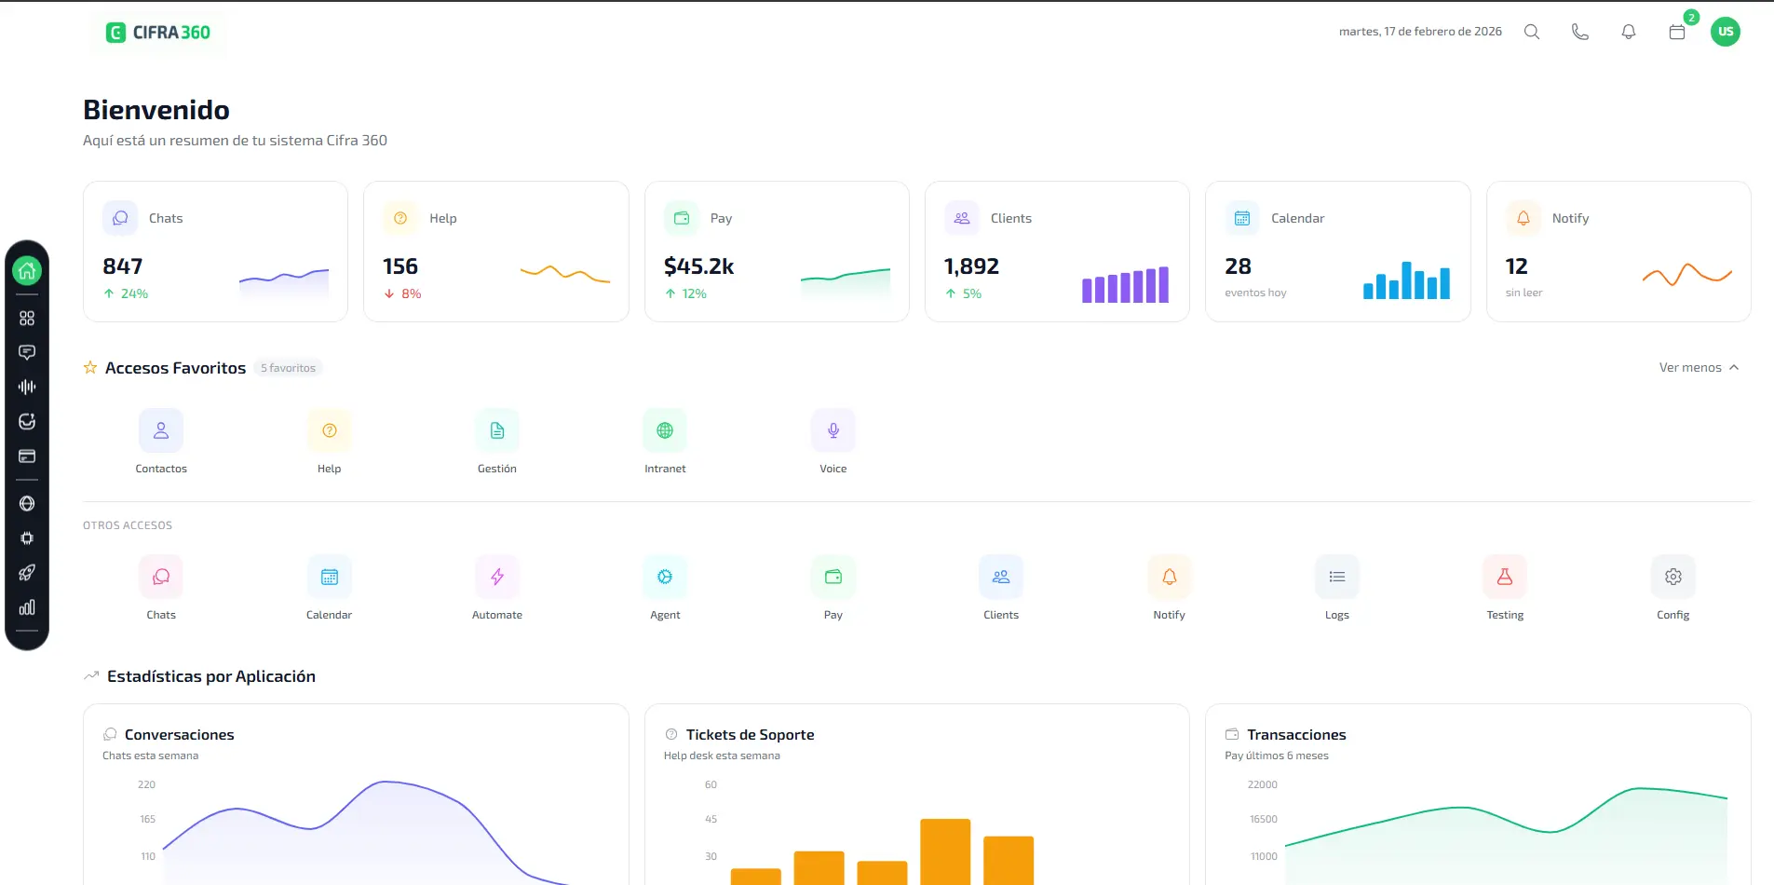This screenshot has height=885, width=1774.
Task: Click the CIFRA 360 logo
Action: pyautogui.click(x=158, y=33)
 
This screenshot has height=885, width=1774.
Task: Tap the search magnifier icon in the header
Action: pyautogui.click(x=1532, y=32)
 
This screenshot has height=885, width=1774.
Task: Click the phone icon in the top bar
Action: pyautogui.click(x=1580, y=32)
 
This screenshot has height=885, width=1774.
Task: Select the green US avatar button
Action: pyautogui.click(x=1726, y=32)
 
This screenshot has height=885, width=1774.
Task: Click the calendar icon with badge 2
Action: pyautogui.click(x=1677, y=32)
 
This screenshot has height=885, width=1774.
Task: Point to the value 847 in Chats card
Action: pyautogui.click(x=123, y=266)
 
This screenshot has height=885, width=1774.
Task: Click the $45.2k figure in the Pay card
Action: pyautogui.click(x=698, y=266)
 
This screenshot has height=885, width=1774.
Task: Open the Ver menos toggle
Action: pyautogui.click(x=1699, y=367)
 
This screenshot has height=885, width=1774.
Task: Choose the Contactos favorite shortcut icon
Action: pyautogui.click(x=161, y=430)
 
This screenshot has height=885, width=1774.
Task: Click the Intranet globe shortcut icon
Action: pyautogui.click(x=665, y=430)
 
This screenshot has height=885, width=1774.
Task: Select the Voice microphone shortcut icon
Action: pyautogui.click(x=833, y=430)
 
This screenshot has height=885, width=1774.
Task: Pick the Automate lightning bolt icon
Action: pyautogui.click(x=497, y=577)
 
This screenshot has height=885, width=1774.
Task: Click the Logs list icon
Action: pyautogui.click(x=1337, y=577)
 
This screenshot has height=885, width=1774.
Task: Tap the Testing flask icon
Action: pyautogui.click(x=1505, y=577)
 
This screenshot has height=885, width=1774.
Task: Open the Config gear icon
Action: pyautogui.click(x=1673, y=577)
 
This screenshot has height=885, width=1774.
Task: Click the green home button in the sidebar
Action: pyautogui.click(x=27, y=271)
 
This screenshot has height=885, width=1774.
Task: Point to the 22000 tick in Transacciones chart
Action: pyautogui.click(x=1263, y=784)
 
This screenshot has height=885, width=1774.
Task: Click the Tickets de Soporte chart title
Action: pyautogui.click(x=750, y=735)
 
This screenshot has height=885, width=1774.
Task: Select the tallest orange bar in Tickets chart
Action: pyautogui.click(x=945, y=851)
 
